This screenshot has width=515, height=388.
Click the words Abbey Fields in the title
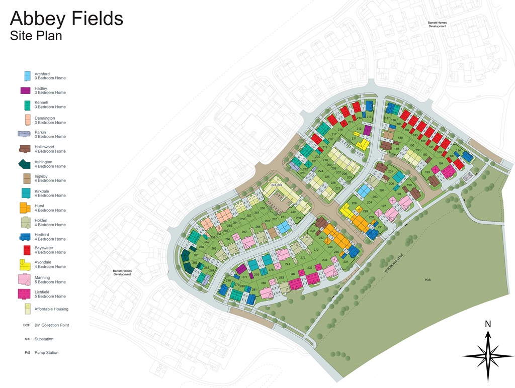coord(66,19)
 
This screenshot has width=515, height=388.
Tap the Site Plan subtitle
coord(36,36)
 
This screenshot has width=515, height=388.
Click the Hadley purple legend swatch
coord(25,90)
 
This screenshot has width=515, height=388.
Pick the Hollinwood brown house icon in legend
coord(25,149)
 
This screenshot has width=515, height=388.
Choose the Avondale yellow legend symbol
coord(25,264)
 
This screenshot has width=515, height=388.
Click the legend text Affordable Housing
coord(51,309)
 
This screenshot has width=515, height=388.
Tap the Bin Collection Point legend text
coord(52,325)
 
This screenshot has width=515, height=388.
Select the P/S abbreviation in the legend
coord(27,353)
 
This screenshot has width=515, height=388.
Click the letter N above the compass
coord(487,324)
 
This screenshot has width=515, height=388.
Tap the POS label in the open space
coord(427,280)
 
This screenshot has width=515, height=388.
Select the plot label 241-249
coord(277,185)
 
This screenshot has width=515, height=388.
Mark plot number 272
coord(316,250)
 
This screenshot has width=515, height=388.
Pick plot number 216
coord(340,130)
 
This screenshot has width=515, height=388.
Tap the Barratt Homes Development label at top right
coord(437,24)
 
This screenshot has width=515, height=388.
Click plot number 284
coord(293,275)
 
